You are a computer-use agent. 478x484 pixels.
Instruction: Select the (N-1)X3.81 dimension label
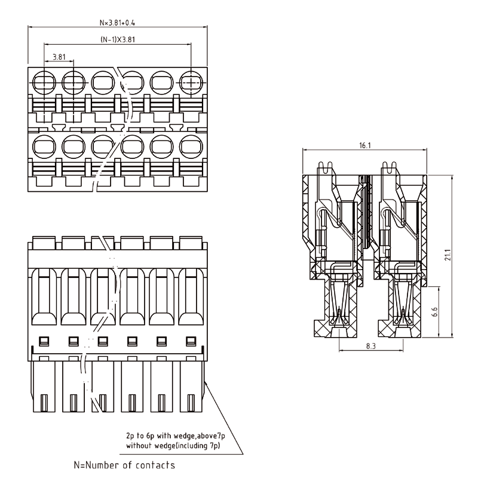[117, 41]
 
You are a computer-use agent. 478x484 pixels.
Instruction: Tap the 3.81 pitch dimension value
[59, 57]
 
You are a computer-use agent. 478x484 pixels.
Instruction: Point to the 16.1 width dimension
[366, 145]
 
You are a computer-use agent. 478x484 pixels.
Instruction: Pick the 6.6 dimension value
[435, 311]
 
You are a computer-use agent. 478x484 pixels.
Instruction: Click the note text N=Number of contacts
[124, 464]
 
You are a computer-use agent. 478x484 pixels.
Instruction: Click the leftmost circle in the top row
[44, 80]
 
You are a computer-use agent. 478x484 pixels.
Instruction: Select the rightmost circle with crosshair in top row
[191, 80]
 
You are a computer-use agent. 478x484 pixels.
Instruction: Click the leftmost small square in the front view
[44, 341]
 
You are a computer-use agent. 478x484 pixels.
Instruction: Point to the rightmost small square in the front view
[191, 341]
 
